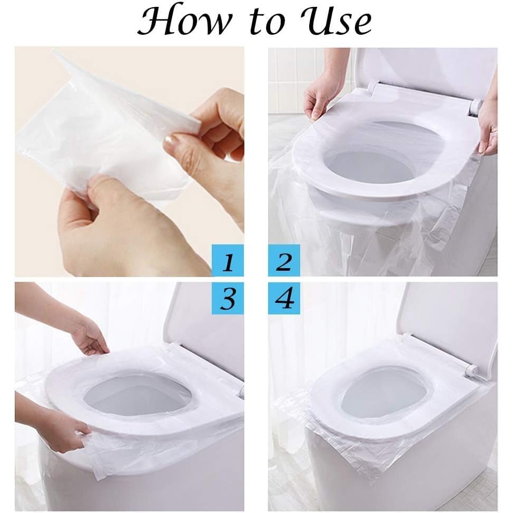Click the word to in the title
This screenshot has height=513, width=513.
[267, 22]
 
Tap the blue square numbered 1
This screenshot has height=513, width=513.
[228, 260]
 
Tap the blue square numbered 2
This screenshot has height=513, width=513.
[284, 260]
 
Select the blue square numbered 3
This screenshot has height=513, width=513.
[228, 298]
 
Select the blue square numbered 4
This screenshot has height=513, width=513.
[284, 298]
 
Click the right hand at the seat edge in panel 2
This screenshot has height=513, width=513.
[488, 127]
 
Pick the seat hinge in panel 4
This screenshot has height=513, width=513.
[471, 371]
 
